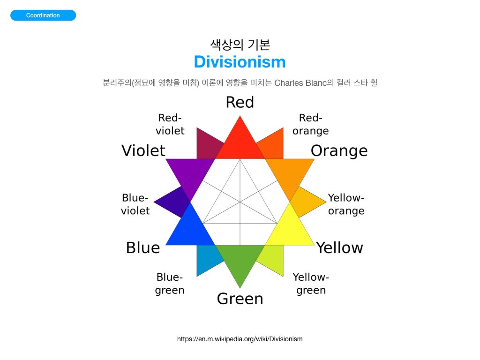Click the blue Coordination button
click(43, 15)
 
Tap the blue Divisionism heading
click(240, 62)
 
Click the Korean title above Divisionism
click(240, 45)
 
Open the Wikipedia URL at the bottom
click(240, 339)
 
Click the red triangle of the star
click(240, 144)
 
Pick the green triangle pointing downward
click(240, 260)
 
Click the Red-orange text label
click(310, 124)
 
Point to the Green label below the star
click(240, 299)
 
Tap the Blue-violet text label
click(135, 204)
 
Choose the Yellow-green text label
click(311, 284)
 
